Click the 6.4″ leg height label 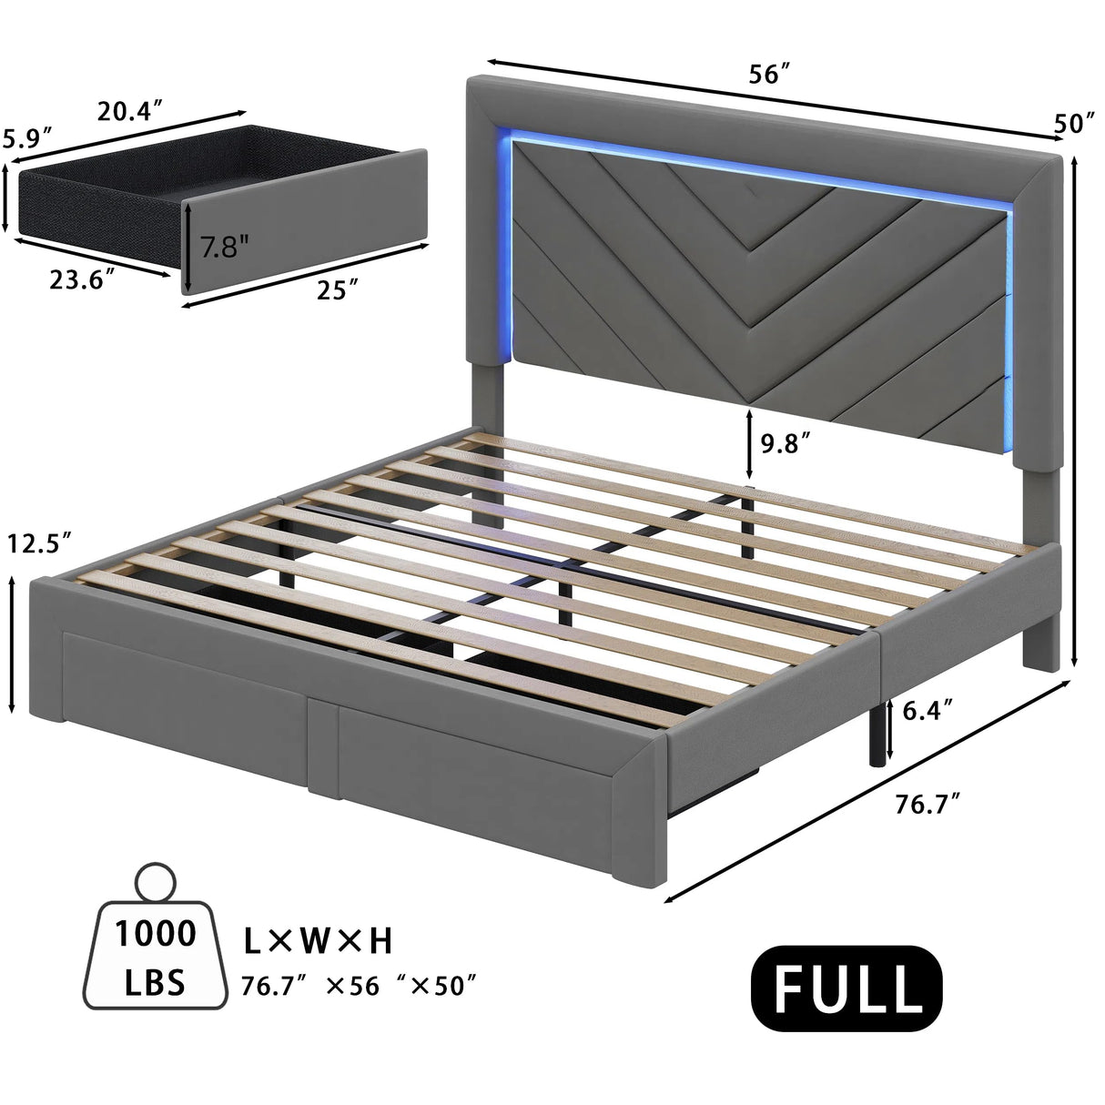point(928,711)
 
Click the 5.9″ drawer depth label point(26,138)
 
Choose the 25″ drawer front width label point(333,291)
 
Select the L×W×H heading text point(318,941)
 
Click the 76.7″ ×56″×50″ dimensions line point(360,985)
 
